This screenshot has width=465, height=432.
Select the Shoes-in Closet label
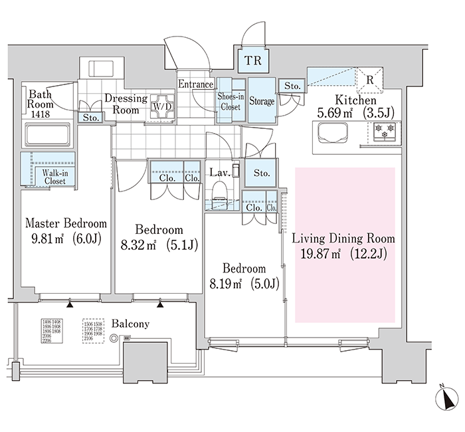tap(231, 101)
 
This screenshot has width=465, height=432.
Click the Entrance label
tap(195, 84)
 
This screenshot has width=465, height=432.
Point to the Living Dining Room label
tap(343, 238)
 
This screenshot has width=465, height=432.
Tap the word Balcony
tap(130, 324)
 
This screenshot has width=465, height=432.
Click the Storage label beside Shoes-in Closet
tap(262, 101)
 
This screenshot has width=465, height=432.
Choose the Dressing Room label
tap(126, 104)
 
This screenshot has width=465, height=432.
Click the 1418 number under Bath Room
tap(40, 114)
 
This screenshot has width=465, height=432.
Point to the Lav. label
tap(219, 173)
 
